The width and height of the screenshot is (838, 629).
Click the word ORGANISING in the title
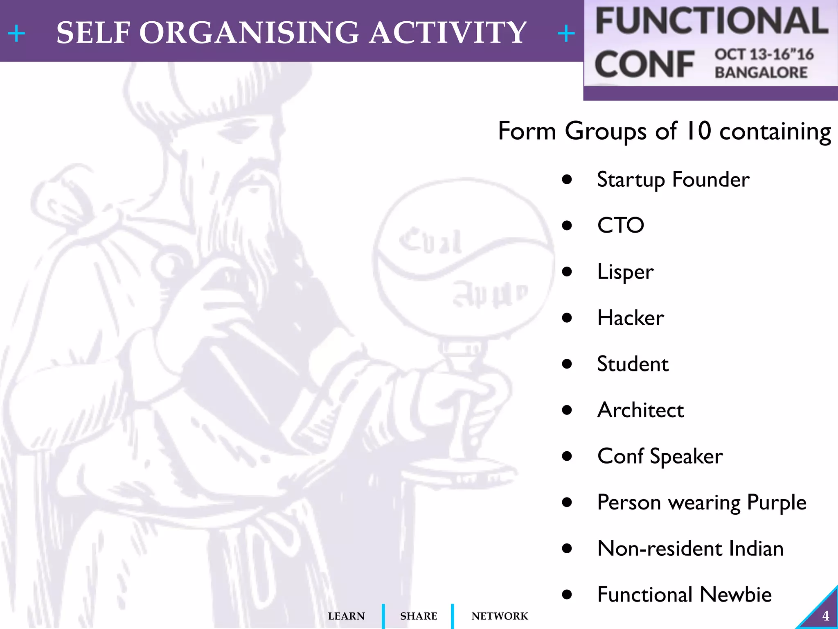[249, 33]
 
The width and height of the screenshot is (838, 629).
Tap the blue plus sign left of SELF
[16, 33]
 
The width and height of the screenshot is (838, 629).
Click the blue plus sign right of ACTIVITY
[566, 33]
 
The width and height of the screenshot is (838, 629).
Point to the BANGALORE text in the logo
[761, 72]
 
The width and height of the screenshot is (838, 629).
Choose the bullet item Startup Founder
[673, 180]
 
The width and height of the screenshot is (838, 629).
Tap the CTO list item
[620, 226]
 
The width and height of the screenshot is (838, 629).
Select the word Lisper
[625, 272]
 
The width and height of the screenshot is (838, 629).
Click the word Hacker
[631, 318]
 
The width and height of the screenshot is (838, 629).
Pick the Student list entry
[633, 364]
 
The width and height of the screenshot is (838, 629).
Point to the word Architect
[640, 410]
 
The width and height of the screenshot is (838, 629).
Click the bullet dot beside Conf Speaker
[567, 456]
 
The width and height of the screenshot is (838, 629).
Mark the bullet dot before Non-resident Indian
[567, 548]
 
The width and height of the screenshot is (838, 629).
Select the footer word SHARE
[418, 616]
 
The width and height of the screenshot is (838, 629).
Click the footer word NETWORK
[500, 616]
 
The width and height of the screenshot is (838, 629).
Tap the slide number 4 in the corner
[825, 616]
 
